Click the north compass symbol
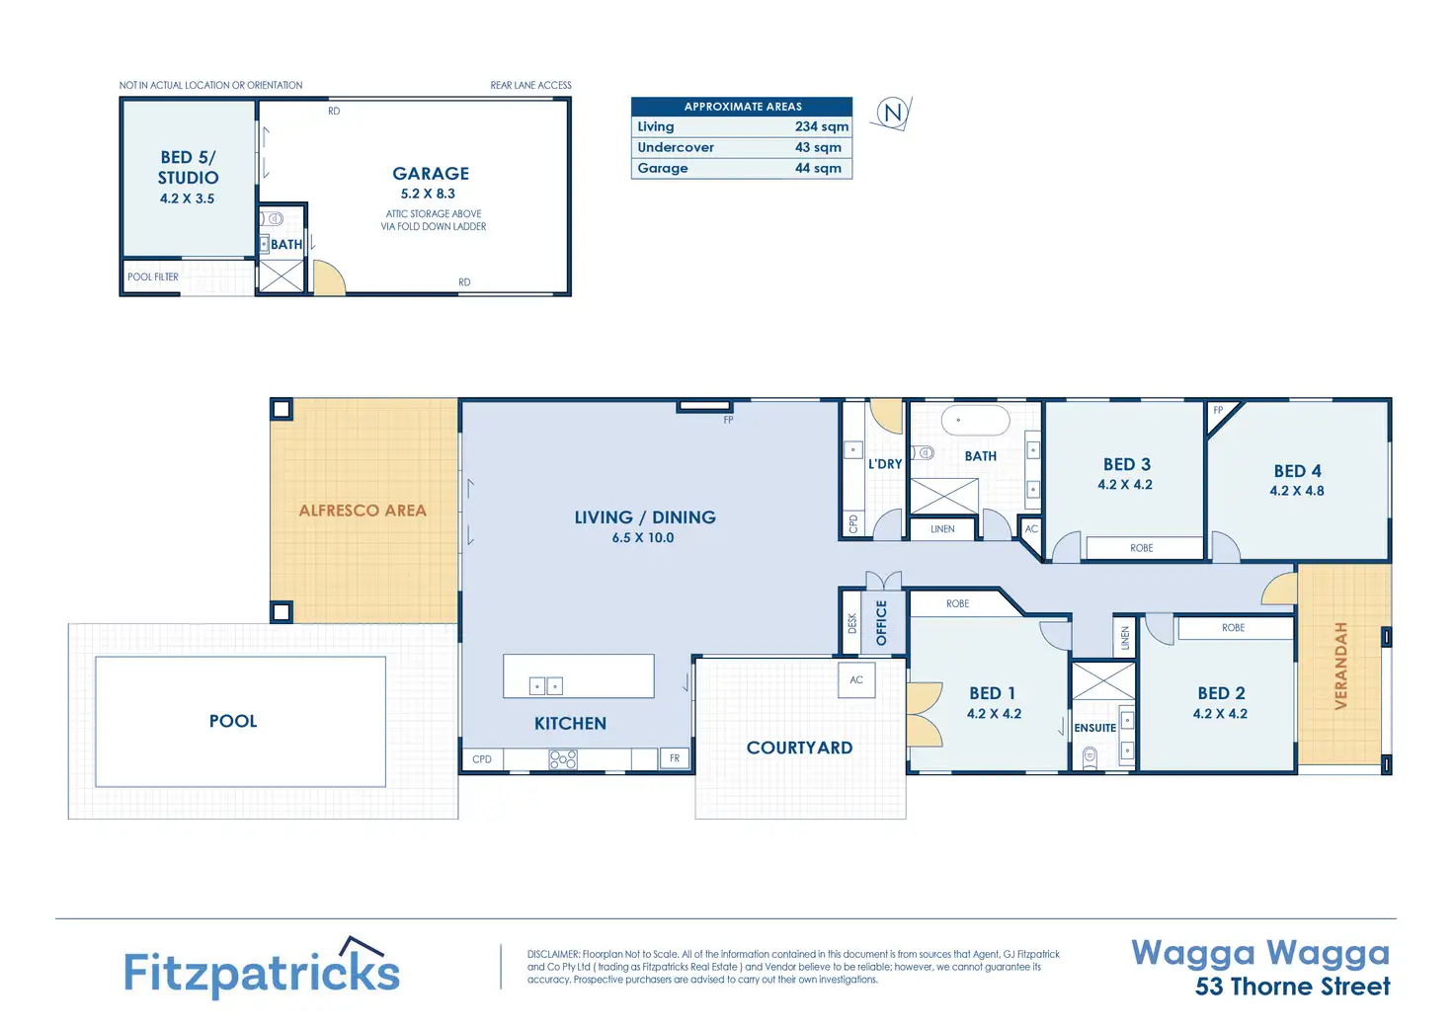click(x=892, y=113)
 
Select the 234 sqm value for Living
click(x=821, y=126)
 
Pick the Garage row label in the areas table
click(x=662, y=168)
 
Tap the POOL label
click(x=233, y=721)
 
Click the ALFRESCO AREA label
click(x=363, y=511)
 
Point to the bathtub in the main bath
click(x=975, y=420)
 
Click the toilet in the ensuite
click(x=1090, y=756)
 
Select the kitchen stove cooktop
click(x=563, y=759)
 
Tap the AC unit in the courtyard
click(x=856, y=679)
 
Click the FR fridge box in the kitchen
click(x=675, y=758)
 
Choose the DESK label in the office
click(x=851, y=623)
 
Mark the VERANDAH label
click(x=1341, y=666)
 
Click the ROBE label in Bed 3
click(x=1141, y=548)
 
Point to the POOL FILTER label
click(x=152, y=277)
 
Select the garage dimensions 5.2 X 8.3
click(x=428, y=194)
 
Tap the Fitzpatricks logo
click(x=262, y=968)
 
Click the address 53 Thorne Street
click(x=1292, y=987)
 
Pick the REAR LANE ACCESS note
click(x=530, y=85)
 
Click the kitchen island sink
click(x=546, y=686)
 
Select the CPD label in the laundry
click(x=852, y=523)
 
